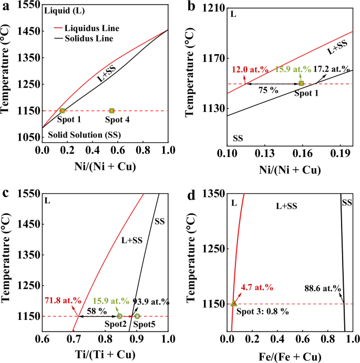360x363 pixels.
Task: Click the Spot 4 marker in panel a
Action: pos(112,110)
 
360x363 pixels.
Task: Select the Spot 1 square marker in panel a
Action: pos(62,110)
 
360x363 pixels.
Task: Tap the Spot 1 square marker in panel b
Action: pos(301,84)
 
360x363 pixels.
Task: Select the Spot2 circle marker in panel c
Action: pos(120,316)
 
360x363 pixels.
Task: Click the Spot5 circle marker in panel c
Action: pos(137,316)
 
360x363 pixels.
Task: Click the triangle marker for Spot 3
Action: pos(234,303)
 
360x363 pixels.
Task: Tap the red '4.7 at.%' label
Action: pos(257,287)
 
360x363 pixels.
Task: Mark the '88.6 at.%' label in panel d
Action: pos(323,288)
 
